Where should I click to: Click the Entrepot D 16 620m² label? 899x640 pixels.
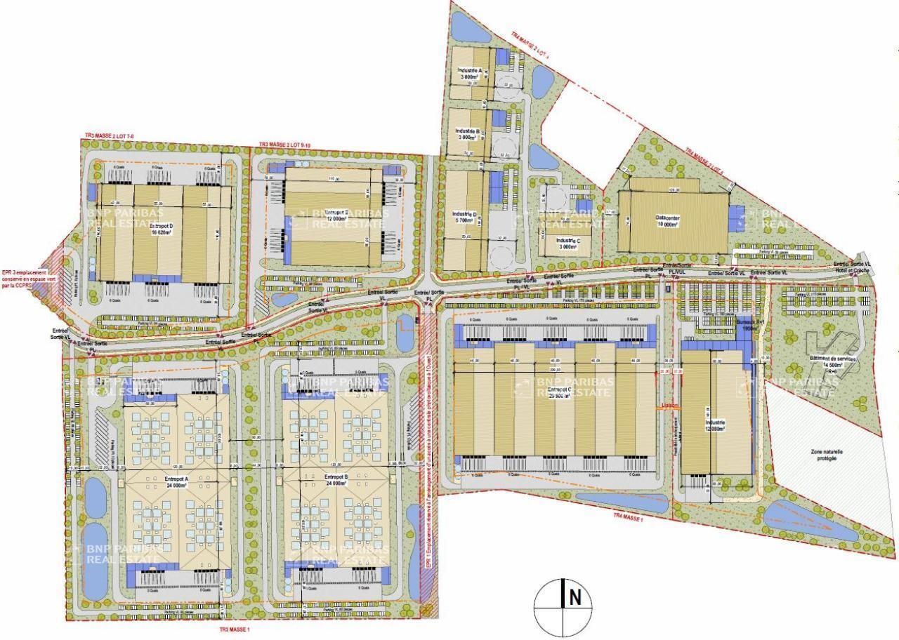[x=162, y=230]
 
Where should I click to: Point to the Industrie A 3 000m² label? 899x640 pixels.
[x=468, y=74]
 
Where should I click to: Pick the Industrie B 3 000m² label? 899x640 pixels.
[x=467, y=134]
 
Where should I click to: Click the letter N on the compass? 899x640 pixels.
[x=575, y=598]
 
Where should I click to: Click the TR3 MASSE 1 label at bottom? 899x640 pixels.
[x=234, y=629]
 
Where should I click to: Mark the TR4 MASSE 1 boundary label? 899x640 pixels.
[x=628, y=516]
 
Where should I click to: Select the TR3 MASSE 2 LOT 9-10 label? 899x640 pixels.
[x=284, y=145]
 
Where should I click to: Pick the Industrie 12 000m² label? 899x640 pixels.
[x=714, y=425]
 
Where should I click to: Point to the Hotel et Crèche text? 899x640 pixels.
[x=852, y=270]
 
